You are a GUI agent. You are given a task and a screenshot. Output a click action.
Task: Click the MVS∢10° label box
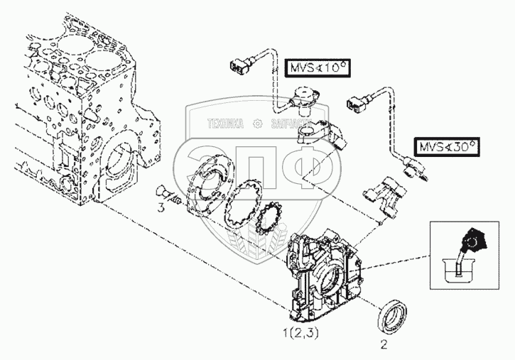point(320,68)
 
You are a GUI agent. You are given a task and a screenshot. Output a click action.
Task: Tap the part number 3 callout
point(161,209)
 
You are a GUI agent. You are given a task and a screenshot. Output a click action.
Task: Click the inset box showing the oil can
point(462,254)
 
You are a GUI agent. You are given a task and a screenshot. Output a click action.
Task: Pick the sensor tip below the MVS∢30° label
point(413,170)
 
